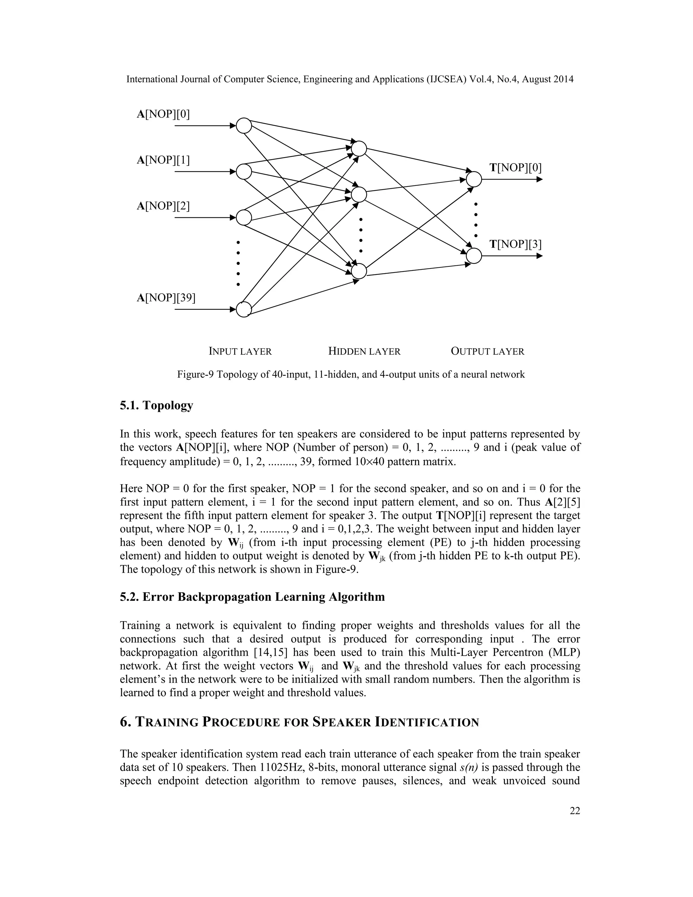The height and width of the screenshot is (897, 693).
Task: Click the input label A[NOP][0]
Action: (163, 114)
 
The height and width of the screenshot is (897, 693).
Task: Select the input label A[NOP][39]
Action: (166, 297)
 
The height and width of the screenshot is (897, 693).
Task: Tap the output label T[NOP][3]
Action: (515, 244)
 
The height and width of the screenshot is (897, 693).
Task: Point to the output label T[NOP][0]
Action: (515, 168)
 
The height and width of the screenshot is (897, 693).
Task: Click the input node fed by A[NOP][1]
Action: (244, 172)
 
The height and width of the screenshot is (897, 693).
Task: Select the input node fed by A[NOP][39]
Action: (244, 309)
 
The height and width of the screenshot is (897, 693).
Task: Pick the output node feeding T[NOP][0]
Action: (474, 179)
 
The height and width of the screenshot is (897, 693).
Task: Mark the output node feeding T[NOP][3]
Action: (474, 256)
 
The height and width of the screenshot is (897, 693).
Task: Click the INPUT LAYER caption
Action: (240, 352)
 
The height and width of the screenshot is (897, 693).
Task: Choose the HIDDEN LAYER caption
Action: (364, 352)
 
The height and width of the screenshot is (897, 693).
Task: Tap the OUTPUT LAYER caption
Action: (487, 352)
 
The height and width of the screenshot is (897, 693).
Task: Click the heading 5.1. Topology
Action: (156, 406)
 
